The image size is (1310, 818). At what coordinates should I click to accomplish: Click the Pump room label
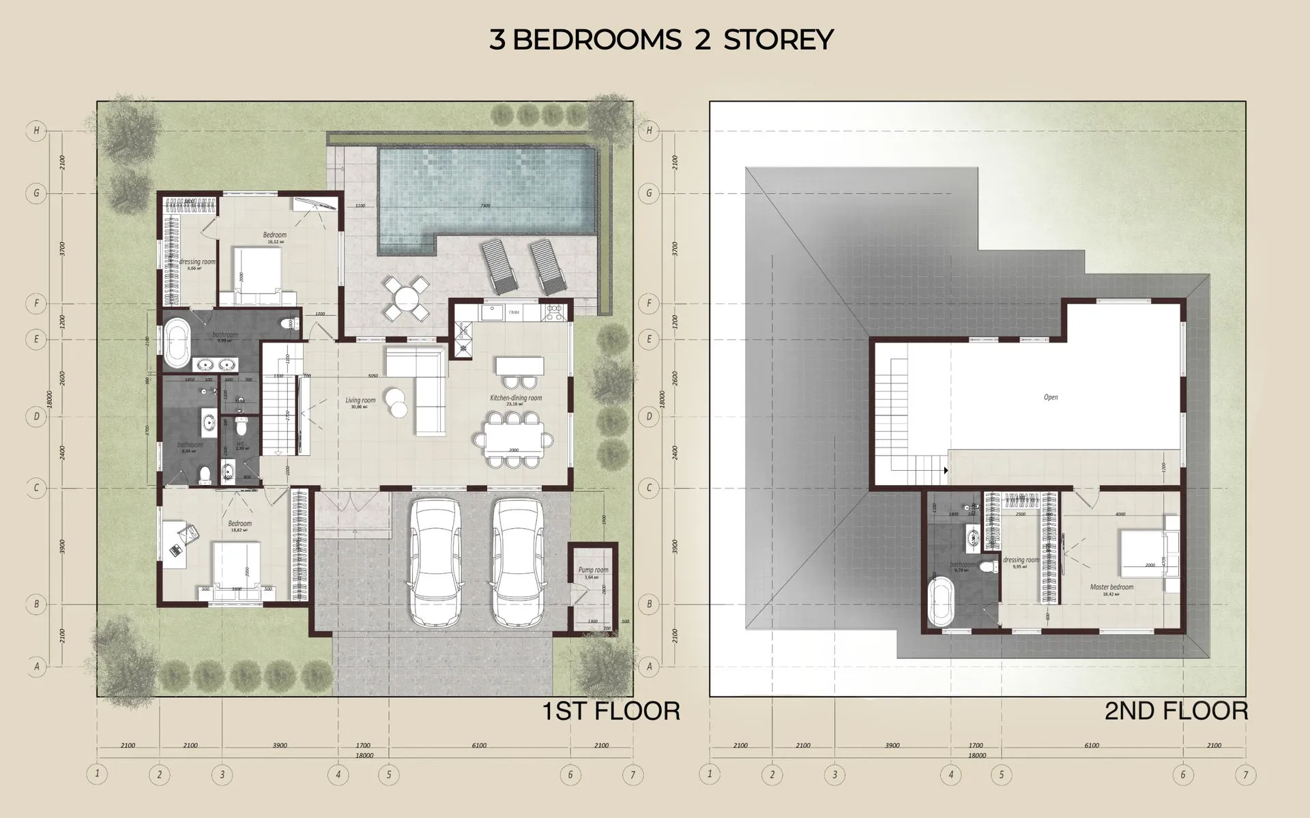tap(593, 570)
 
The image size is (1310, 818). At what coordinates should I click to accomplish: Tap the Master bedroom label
tap(1111, 587)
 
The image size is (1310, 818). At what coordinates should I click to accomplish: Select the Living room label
tap(360, 400)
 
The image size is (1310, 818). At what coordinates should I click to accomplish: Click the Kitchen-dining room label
tap(516, 398)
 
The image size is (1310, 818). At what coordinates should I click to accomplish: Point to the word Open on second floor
tap(1051, 397)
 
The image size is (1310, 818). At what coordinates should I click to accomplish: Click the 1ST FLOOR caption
tap(611, 711)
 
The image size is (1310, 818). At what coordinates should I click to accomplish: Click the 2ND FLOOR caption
tap(1176, 711)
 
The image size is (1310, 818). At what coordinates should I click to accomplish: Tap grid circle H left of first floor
tap(35, 130)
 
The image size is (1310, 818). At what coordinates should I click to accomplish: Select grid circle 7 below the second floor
tap(1245, 774)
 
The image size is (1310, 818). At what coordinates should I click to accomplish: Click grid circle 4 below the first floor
tap(338, 774)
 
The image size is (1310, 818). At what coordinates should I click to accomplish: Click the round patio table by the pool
tap(407, 298)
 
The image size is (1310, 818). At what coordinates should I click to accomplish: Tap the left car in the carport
tap(435, 561)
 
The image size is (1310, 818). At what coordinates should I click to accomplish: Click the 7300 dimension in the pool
tap(485, 205)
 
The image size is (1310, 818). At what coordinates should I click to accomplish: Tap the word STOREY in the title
tap(778, 40)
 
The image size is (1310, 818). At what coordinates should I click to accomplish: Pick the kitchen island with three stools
tap(520, 366)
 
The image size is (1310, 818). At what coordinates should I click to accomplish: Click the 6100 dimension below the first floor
tap(479, 745)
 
